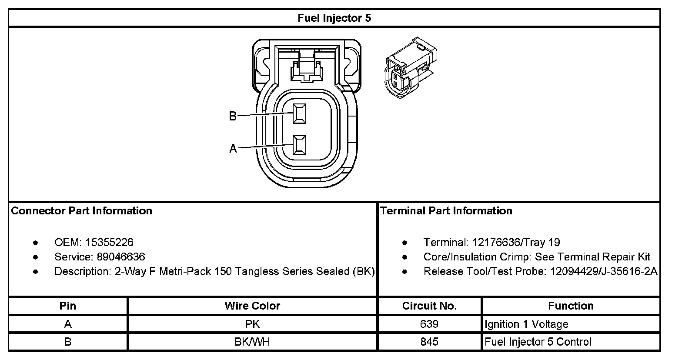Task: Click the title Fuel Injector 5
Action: click(x=334, y=18)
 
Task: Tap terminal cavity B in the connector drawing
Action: click(x=299, y=114)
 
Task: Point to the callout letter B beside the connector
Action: click(x=233, y=116)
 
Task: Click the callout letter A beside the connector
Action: click(x=233, y=149)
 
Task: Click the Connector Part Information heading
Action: click(x=82, y=211)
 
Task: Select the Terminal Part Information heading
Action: click(x=446, y=211)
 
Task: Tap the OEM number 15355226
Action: click(x=109, y=242)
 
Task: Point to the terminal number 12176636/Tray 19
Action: click(x=516, y=242)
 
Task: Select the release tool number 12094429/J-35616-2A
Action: click(x=603, y=271)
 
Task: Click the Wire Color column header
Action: click(x=252, y=306)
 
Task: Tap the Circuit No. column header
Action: click(x=429, y=306)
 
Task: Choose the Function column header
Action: click(x=571, y=306)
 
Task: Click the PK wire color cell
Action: click(x=252, y=324)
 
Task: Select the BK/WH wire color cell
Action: click(x=252, y=342)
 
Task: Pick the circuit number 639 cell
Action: click(x=429, y=324)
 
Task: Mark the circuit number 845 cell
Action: click(x=429, y=342)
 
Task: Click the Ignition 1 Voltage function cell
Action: click(x=526, y=324)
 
